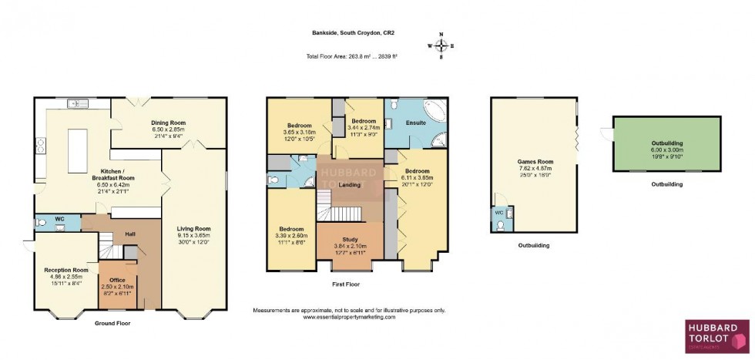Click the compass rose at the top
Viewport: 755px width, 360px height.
point(441,45)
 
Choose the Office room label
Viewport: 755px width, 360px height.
point(117,279)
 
